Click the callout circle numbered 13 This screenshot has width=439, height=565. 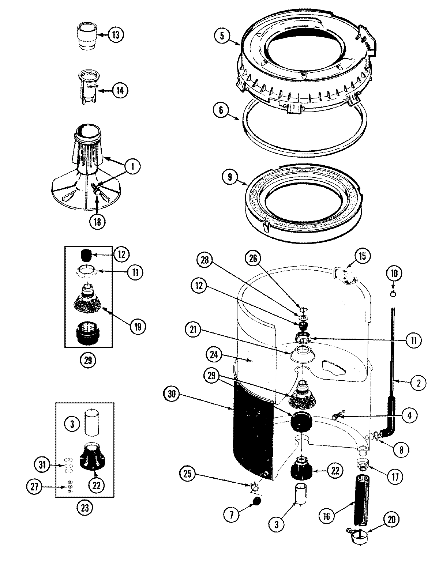point(115,35)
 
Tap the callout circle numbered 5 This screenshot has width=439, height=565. point(223,37)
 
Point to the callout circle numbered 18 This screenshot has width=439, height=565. point(97,221)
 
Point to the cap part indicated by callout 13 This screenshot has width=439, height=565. point(88,37)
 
